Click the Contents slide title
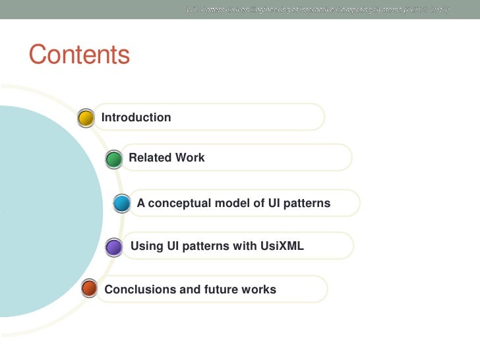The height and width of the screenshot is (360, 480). click(x=79, y=55)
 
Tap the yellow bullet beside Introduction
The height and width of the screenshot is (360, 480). click(x=86, y=118)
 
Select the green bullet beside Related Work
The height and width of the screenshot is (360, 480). click(x=113, y=159)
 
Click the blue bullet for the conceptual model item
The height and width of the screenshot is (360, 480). click(x=121, y=204)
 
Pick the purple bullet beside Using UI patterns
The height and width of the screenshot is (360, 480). click(x=113, y=247)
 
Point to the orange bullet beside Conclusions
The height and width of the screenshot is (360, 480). click(x=88, y=289)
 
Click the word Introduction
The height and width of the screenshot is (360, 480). click(x=136, y=117)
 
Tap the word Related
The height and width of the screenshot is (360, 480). click(x=150, y=158)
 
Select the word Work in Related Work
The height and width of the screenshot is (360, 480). click(x=189, y=158)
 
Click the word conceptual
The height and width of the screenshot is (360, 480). click(x=179, y=203)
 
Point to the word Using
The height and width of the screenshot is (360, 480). click(x=147, y=247)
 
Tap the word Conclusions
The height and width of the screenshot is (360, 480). click(x=136, y=289)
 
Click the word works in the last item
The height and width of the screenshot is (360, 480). click(x=258, y=289)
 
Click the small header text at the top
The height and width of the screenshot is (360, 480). click(x=316, y=9)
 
